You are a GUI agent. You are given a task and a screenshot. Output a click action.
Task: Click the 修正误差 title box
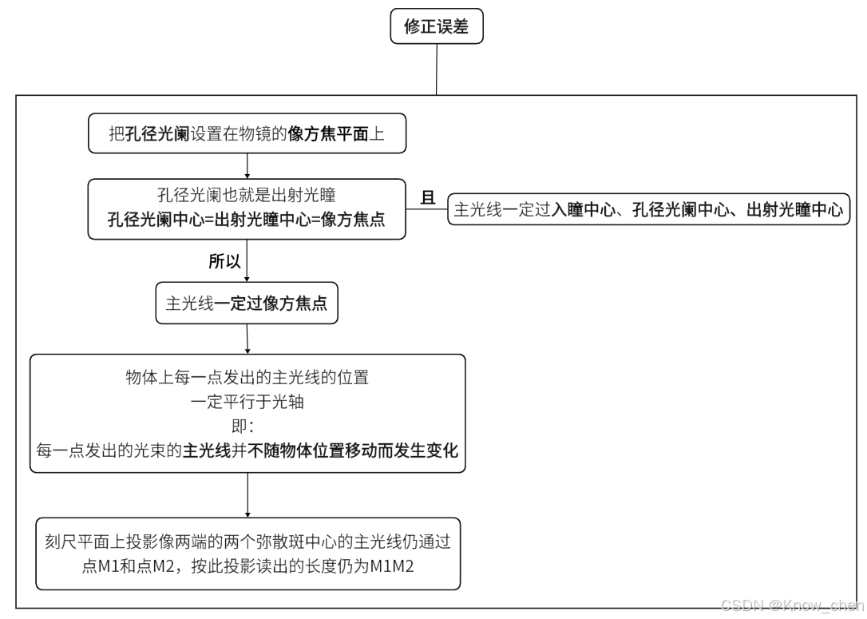pos(436,27)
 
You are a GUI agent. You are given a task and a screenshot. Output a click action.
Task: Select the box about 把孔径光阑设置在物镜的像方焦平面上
pos(247,134)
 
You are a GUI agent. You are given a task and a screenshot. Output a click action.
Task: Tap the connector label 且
pos(429,197)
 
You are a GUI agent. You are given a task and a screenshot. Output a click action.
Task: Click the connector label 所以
pos(224,261)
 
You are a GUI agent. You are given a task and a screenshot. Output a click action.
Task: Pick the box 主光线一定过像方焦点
pos(247,304)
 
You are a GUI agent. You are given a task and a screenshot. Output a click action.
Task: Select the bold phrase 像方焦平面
pos(328,134)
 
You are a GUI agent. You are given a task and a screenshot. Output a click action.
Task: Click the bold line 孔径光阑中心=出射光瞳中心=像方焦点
pos(247,220)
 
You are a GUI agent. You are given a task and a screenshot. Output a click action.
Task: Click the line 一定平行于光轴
pos(247,402)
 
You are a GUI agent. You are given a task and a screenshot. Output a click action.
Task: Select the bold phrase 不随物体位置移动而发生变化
pos(353,450)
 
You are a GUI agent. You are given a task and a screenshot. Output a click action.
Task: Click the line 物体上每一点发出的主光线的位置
pos(247,378)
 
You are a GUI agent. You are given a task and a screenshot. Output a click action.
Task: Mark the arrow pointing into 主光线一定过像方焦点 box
pos(247,275)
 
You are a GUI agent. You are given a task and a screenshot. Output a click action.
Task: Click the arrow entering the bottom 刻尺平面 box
pos(247,512)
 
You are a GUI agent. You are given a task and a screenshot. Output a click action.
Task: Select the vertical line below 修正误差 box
pos(436,69)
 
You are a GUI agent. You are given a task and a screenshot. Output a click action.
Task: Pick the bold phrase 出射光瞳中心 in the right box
pos(794,210)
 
